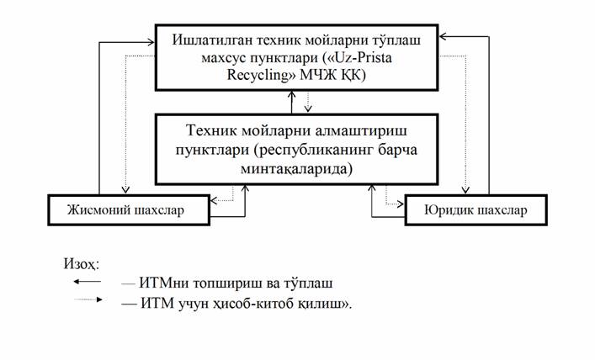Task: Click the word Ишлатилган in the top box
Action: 212,40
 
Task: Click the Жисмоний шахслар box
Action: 127,209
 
